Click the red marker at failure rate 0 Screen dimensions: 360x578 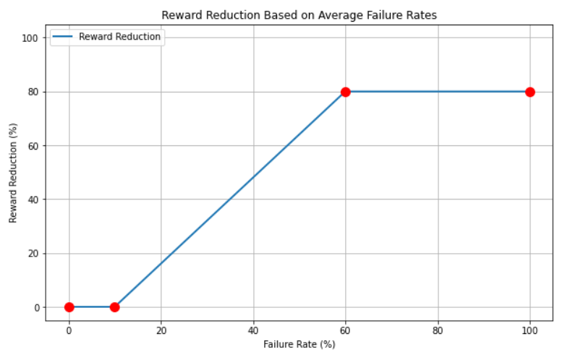(69, 307)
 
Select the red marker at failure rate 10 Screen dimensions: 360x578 (114, 307)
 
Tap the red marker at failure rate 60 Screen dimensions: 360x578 (346, 92)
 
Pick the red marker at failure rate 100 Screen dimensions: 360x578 (530, 92)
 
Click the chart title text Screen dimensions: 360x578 (299, 14)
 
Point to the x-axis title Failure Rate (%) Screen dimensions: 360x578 (299, 345)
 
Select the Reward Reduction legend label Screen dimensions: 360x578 (119, 37)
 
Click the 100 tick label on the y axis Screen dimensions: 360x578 (29, 38)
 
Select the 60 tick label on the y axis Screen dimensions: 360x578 (32, 145)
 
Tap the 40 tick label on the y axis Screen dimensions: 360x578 (32, 200)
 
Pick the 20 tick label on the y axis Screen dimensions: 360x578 (32, 254)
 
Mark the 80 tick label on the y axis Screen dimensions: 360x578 (32, 92)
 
